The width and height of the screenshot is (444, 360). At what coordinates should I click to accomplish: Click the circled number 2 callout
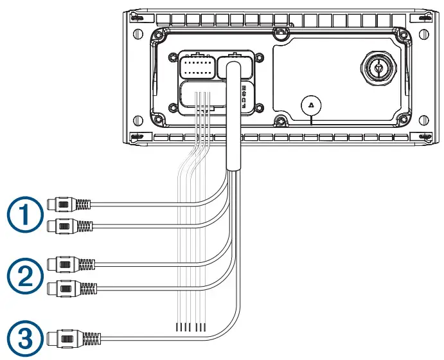(x=23, y=274)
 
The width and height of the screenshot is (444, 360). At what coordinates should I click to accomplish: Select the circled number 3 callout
(x=23, y=337)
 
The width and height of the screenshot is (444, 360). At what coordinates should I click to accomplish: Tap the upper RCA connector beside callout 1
(x=68, y=205)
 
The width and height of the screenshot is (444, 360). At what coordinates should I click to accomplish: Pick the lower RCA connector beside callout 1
(x=69, y=226)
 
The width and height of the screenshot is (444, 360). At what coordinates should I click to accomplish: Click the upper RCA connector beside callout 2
(x=71, y=264)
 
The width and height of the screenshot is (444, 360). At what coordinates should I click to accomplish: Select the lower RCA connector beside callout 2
(x=72, y=288)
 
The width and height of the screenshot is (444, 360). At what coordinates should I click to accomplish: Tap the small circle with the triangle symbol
(x=310, y=105)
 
